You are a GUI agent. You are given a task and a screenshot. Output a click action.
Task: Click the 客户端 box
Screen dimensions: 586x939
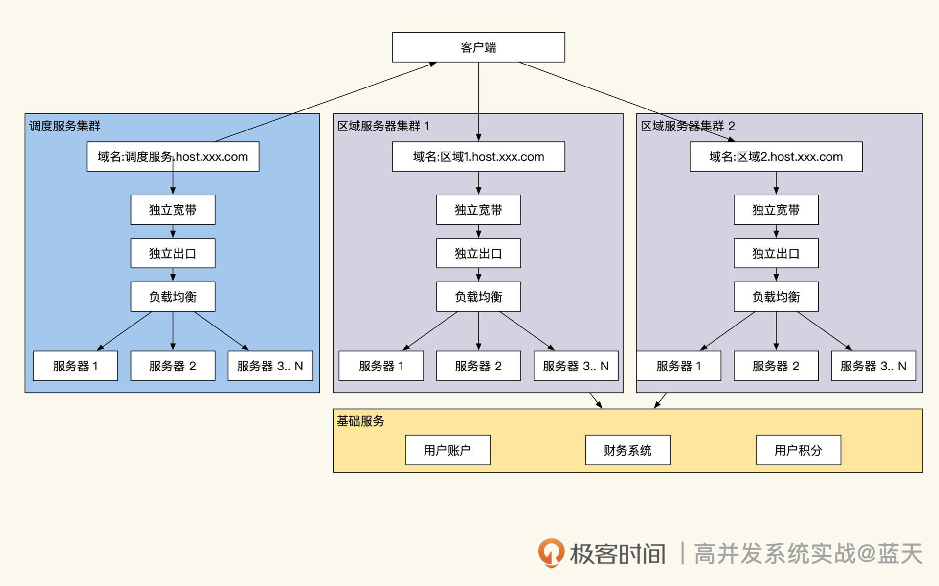pyautogui.click(x=478, y=47)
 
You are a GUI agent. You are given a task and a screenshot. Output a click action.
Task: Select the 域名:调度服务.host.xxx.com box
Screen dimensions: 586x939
pyautogui.click(x=173, y=157)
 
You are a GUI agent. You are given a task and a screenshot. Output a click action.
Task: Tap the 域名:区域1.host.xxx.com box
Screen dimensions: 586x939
pyautogui.click(x=478, y=157)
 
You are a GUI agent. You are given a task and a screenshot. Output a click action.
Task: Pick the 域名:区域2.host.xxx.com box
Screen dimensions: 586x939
pyautogui.click(x=776, y=157)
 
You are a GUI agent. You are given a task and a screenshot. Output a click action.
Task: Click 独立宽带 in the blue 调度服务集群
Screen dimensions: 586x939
pyautogui.click(x=173, y=210)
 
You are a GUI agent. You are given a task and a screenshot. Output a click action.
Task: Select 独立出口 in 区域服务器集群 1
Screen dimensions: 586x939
pyautogui.click(x=478, y=253)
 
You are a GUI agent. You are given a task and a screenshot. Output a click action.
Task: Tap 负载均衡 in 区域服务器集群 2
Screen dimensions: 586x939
pyautogui.click(x=776, y=297)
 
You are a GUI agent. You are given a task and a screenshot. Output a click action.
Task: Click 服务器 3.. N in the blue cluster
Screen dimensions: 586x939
pyautogui.click(x=270, y=366)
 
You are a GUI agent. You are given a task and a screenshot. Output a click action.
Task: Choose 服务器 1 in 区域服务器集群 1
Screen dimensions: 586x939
pyautogui.click(x=381, y=366)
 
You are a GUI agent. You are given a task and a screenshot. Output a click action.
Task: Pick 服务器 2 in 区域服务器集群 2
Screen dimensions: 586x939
pyautogui.click(x=776, y=366)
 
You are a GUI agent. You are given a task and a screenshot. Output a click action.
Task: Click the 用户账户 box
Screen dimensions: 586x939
pyautogui.click(x=447, y=450)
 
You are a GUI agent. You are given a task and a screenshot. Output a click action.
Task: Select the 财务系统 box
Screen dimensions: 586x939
pyautogui.click(x=627, y=450)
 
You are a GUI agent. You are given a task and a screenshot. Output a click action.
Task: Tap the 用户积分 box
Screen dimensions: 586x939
pyautogui.click(x=798, y=450)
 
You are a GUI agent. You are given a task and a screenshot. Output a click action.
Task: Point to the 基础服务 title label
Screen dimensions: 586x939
pyautogui.click(x=361, y=421)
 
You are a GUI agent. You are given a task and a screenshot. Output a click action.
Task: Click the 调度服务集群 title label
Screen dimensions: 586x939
pyautogui.click(x=65, y=126)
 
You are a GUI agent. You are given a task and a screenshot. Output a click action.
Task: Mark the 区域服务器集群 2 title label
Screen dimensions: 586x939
pyautogui.click(x=688, y=126)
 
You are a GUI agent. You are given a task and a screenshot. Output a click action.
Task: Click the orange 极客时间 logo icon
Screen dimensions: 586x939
pyautogui.click(x=551, y=553)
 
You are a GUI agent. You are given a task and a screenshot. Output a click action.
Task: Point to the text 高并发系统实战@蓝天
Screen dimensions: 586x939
pyautogui.click(x=808, y=554)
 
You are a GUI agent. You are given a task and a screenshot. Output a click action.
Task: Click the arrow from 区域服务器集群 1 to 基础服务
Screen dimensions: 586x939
pyautogui.click(x=596, y=401)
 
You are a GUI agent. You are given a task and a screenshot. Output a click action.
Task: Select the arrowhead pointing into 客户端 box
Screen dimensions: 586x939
pyautogui.click(x=432, y=64)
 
